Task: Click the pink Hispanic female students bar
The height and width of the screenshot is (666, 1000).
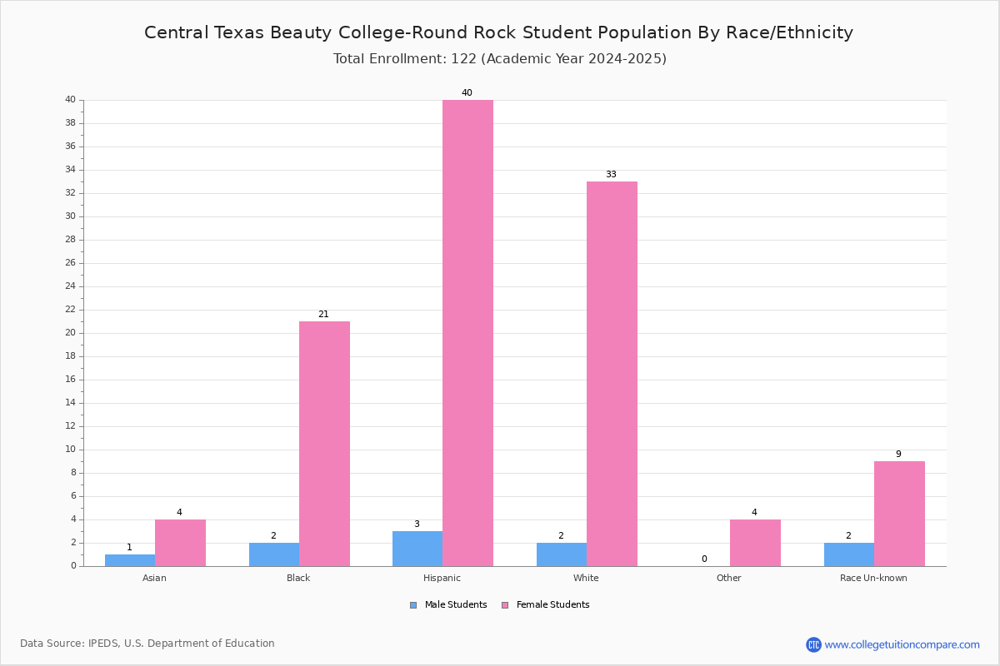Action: pyautogui.click(x=467, y=333)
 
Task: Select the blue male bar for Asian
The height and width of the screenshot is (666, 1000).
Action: pyautogui.click(x=130, y=560)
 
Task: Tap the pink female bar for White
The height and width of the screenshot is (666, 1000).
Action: pyautogui.click(x=612, y=374)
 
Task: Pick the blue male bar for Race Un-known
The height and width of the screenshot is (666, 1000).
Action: pyautogui.click(x=849, y=554)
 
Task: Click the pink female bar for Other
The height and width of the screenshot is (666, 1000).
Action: pyautogui.click(x=755, y=543)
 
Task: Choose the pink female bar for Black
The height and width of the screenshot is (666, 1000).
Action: pyautogui.click(x=324, y=444)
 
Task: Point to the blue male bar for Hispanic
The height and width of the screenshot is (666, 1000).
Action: pyautogui.click(x=417, y=549)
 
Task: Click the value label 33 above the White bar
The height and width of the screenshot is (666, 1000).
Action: pyautogui.click(x=611, y=175)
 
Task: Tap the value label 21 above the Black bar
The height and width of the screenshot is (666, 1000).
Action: pyautogui.click(x=323, y=315)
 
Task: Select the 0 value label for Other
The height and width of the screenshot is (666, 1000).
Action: pyautogui.click(x=704, y=559)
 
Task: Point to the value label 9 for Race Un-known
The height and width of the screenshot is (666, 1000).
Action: pyautogui.click(x=898, y=454)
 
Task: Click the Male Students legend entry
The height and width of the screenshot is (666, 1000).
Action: pyautogui.click(x=448, y=605)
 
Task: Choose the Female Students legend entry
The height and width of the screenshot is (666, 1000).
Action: pyautogui.click(x=546, y=605)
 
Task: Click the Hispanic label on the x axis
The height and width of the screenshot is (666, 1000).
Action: pyautogui.click(x=442, y=578)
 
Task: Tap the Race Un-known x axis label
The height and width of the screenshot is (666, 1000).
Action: pyautogui.click(x=873, y=578)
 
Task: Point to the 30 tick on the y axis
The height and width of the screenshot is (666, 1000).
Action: pyautogui.click(x=71, y=216)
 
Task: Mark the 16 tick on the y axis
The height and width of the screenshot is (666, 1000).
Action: pyautogui.click(x=71, y=380)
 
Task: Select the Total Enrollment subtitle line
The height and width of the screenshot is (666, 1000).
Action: pyautogui.click(x=500, y=59)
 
